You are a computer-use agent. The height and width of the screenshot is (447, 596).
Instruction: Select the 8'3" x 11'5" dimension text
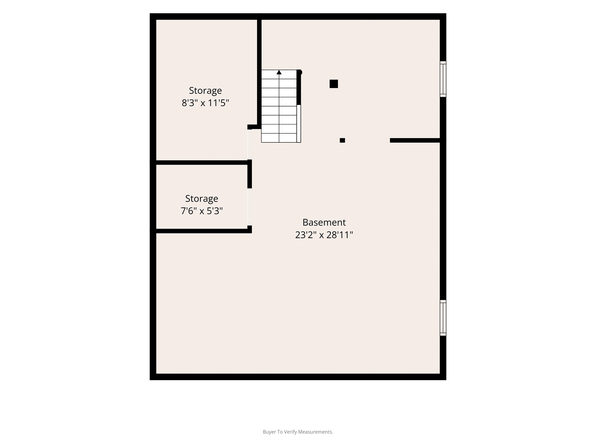pos(205,103)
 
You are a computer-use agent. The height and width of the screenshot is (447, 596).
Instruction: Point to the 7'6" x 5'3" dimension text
pos(202,211)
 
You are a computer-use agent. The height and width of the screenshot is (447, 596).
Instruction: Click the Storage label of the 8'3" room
pos(205,91)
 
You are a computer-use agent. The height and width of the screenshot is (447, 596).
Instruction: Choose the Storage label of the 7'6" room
pos(202,199)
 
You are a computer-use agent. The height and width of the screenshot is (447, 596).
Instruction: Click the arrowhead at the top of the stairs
pos(279,72)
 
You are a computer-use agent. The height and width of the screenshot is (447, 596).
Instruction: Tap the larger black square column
pos(334,84)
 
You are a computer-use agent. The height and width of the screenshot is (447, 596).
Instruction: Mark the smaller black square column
pos(342,140)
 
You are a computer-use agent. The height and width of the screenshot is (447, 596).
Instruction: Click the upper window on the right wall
pos(443,79)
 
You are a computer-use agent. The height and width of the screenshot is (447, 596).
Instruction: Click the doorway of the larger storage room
pos(250,144)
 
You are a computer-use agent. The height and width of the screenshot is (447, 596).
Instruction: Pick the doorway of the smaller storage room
pos(250,207)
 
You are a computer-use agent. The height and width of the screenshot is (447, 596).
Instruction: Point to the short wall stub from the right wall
pos(415,140)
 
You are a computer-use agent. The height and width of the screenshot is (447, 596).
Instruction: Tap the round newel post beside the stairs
pos(300,72)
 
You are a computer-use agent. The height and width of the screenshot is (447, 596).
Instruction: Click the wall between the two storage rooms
pos(202,162)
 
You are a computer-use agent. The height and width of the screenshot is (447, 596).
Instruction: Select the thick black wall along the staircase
pos(299,87)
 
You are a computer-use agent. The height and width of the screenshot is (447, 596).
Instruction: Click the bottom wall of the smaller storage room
pos(202,231)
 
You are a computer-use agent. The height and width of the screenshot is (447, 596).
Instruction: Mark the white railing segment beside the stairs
pos(299,124)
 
